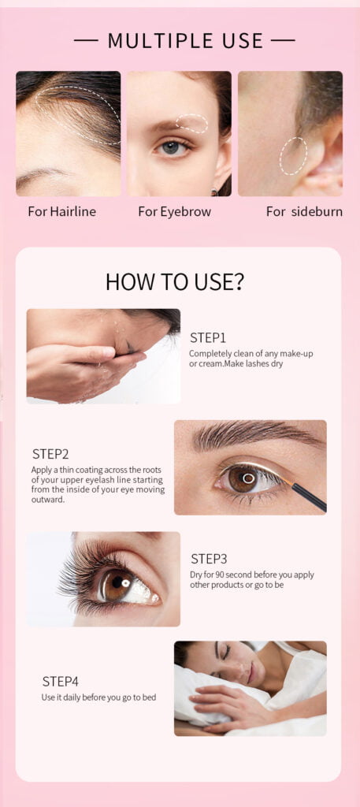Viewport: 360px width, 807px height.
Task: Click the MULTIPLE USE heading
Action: point(185,41)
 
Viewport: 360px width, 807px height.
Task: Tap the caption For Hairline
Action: point(62,211)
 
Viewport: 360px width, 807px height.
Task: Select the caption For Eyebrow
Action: point(175,211)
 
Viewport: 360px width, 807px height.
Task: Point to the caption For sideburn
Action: point(304,211)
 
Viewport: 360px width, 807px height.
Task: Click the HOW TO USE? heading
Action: point(175,281)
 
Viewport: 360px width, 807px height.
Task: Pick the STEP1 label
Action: point(208,338)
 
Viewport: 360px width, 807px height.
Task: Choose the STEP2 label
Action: point(50,454)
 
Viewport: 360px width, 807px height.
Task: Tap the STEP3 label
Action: point(209,559)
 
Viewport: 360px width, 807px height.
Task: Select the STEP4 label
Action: point(61,682)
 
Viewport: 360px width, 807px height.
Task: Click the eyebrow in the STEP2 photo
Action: point(257,435)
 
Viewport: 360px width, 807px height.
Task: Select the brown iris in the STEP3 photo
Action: point(117,586)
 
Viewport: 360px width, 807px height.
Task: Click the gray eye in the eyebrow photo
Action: point(173,148)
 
